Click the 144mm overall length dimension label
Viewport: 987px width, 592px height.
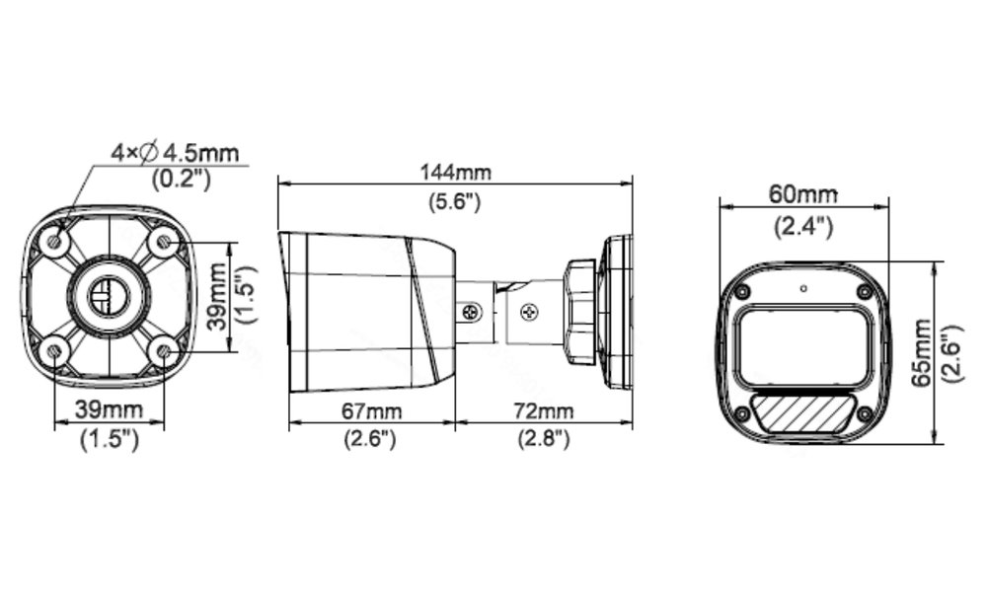pyautogui.click(x=455, y=171)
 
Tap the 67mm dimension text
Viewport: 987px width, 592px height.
pyautogui.click(x=370, y=409)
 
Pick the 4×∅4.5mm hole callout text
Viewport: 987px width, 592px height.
pyautogui.click(x=175, y=153)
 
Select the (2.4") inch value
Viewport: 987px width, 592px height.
pyautogui.click(x=802, y=225)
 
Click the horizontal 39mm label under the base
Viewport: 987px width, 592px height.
pyautogui.click(x=109, y=409)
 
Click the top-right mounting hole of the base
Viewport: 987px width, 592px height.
pyautogui.click(x=163, y=242)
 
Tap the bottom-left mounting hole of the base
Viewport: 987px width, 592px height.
pyautogui.click(x=54, y=348)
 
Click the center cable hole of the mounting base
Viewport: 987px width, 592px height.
pyautogui.click(x=106, y=294)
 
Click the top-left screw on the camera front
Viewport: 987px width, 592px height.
pyautogui.click(x=741, y=292)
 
